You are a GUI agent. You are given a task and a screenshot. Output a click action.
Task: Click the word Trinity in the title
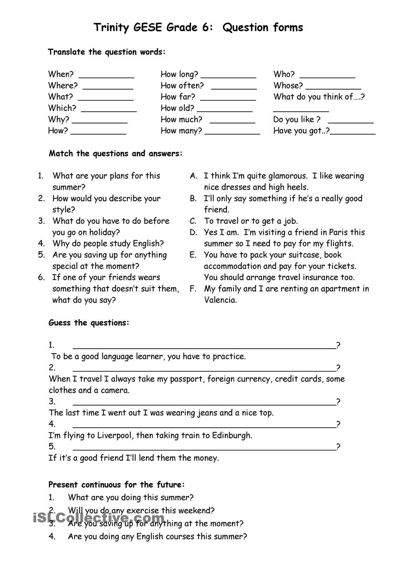click(x=111, y=28)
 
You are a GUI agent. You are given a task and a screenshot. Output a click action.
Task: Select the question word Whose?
click(x=288, y=86)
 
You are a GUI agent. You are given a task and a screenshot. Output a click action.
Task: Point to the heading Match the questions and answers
click(x=115, y=153)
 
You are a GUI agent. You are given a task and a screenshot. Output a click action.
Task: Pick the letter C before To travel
click(x=193, y=221)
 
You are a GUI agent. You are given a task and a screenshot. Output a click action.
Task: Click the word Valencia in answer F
click(x=220, y=300)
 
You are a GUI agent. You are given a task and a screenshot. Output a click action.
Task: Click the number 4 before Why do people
click(x=41, y=243)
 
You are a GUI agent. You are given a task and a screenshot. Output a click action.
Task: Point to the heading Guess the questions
click(x=89, y=323)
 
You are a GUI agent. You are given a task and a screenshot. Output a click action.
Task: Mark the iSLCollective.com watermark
click(x=98, y=518)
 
